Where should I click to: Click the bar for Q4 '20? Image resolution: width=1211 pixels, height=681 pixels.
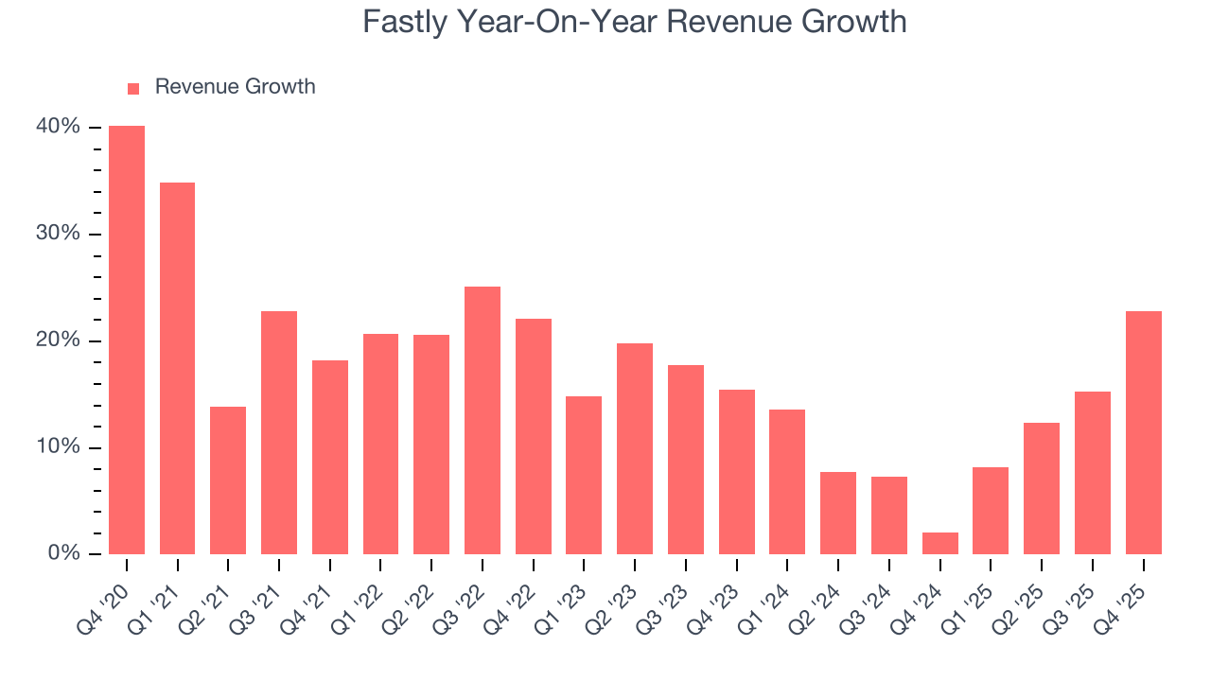tap(127, 340)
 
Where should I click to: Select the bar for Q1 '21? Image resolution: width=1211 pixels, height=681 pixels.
tap(177, 369)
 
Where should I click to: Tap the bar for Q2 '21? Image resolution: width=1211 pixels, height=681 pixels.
tap(228, 480)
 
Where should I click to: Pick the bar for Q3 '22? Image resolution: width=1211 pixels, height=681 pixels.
tap(483, 421)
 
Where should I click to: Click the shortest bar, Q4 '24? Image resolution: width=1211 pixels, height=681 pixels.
tap(939, 544)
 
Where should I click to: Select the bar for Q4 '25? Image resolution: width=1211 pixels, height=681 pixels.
tap(1143, 433)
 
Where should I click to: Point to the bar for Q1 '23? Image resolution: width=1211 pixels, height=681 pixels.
tap(584, 475)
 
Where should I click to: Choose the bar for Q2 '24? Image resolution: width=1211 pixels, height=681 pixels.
tap(838, 513)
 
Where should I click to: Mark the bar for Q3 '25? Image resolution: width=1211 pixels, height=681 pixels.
tap(1093, 473)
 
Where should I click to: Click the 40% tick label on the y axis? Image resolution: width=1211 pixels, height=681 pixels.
tap(59, 128)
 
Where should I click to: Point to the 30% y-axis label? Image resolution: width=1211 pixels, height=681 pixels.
tap(59, 234)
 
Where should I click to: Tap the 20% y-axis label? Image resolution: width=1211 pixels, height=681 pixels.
tap(59, 340)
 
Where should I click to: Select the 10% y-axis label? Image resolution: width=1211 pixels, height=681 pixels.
tap(59, 447)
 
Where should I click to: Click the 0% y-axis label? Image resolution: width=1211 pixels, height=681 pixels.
tap(63, 553)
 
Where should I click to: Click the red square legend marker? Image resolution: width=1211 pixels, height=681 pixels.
tap(133, 88)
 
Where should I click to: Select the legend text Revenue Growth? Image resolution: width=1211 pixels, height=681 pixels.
tap(235, 87)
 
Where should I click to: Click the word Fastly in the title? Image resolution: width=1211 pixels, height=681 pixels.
tap(403, 22)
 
